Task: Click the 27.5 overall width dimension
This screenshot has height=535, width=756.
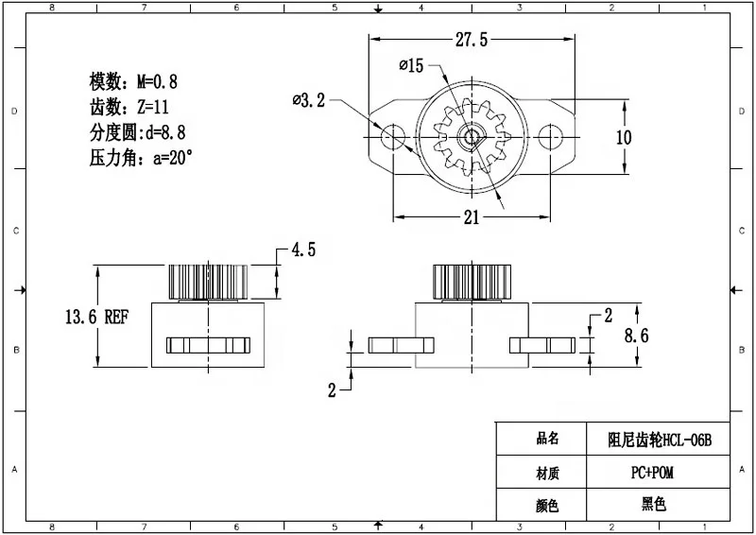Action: click(x=471, y=40)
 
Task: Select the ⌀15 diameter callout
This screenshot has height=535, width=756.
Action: click(x=413, y=65)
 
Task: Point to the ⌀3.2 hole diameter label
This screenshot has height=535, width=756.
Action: click(x=309, y=100)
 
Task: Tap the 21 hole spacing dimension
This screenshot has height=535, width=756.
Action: click(x=472, y=217)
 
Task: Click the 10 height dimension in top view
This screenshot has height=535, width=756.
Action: click(x=624, y=137)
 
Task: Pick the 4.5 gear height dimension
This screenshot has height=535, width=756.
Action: click(x=302, y=250)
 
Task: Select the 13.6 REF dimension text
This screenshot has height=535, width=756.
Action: click(x=95, y=318)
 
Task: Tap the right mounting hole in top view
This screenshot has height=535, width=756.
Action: click(x=549, y=137)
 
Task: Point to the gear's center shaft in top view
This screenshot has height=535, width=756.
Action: click(x=471, y=137)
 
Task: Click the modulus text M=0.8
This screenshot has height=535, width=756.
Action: click(x=133, y=81)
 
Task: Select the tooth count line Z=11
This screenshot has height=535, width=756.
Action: click(x=128, y=107)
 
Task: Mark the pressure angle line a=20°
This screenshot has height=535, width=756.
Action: click(x=141, y=158)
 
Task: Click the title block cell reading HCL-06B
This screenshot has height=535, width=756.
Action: click(x=659, y=439)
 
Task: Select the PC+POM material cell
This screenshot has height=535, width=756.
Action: click(x=659, y=472)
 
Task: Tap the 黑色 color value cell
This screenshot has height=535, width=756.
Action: click(x=659, y=505)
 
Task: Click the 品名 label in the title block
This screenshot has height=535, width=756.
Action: click(x=547, y=439)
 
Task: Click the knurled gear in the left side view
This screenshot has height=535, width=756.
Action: click(x=208, y=281)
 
